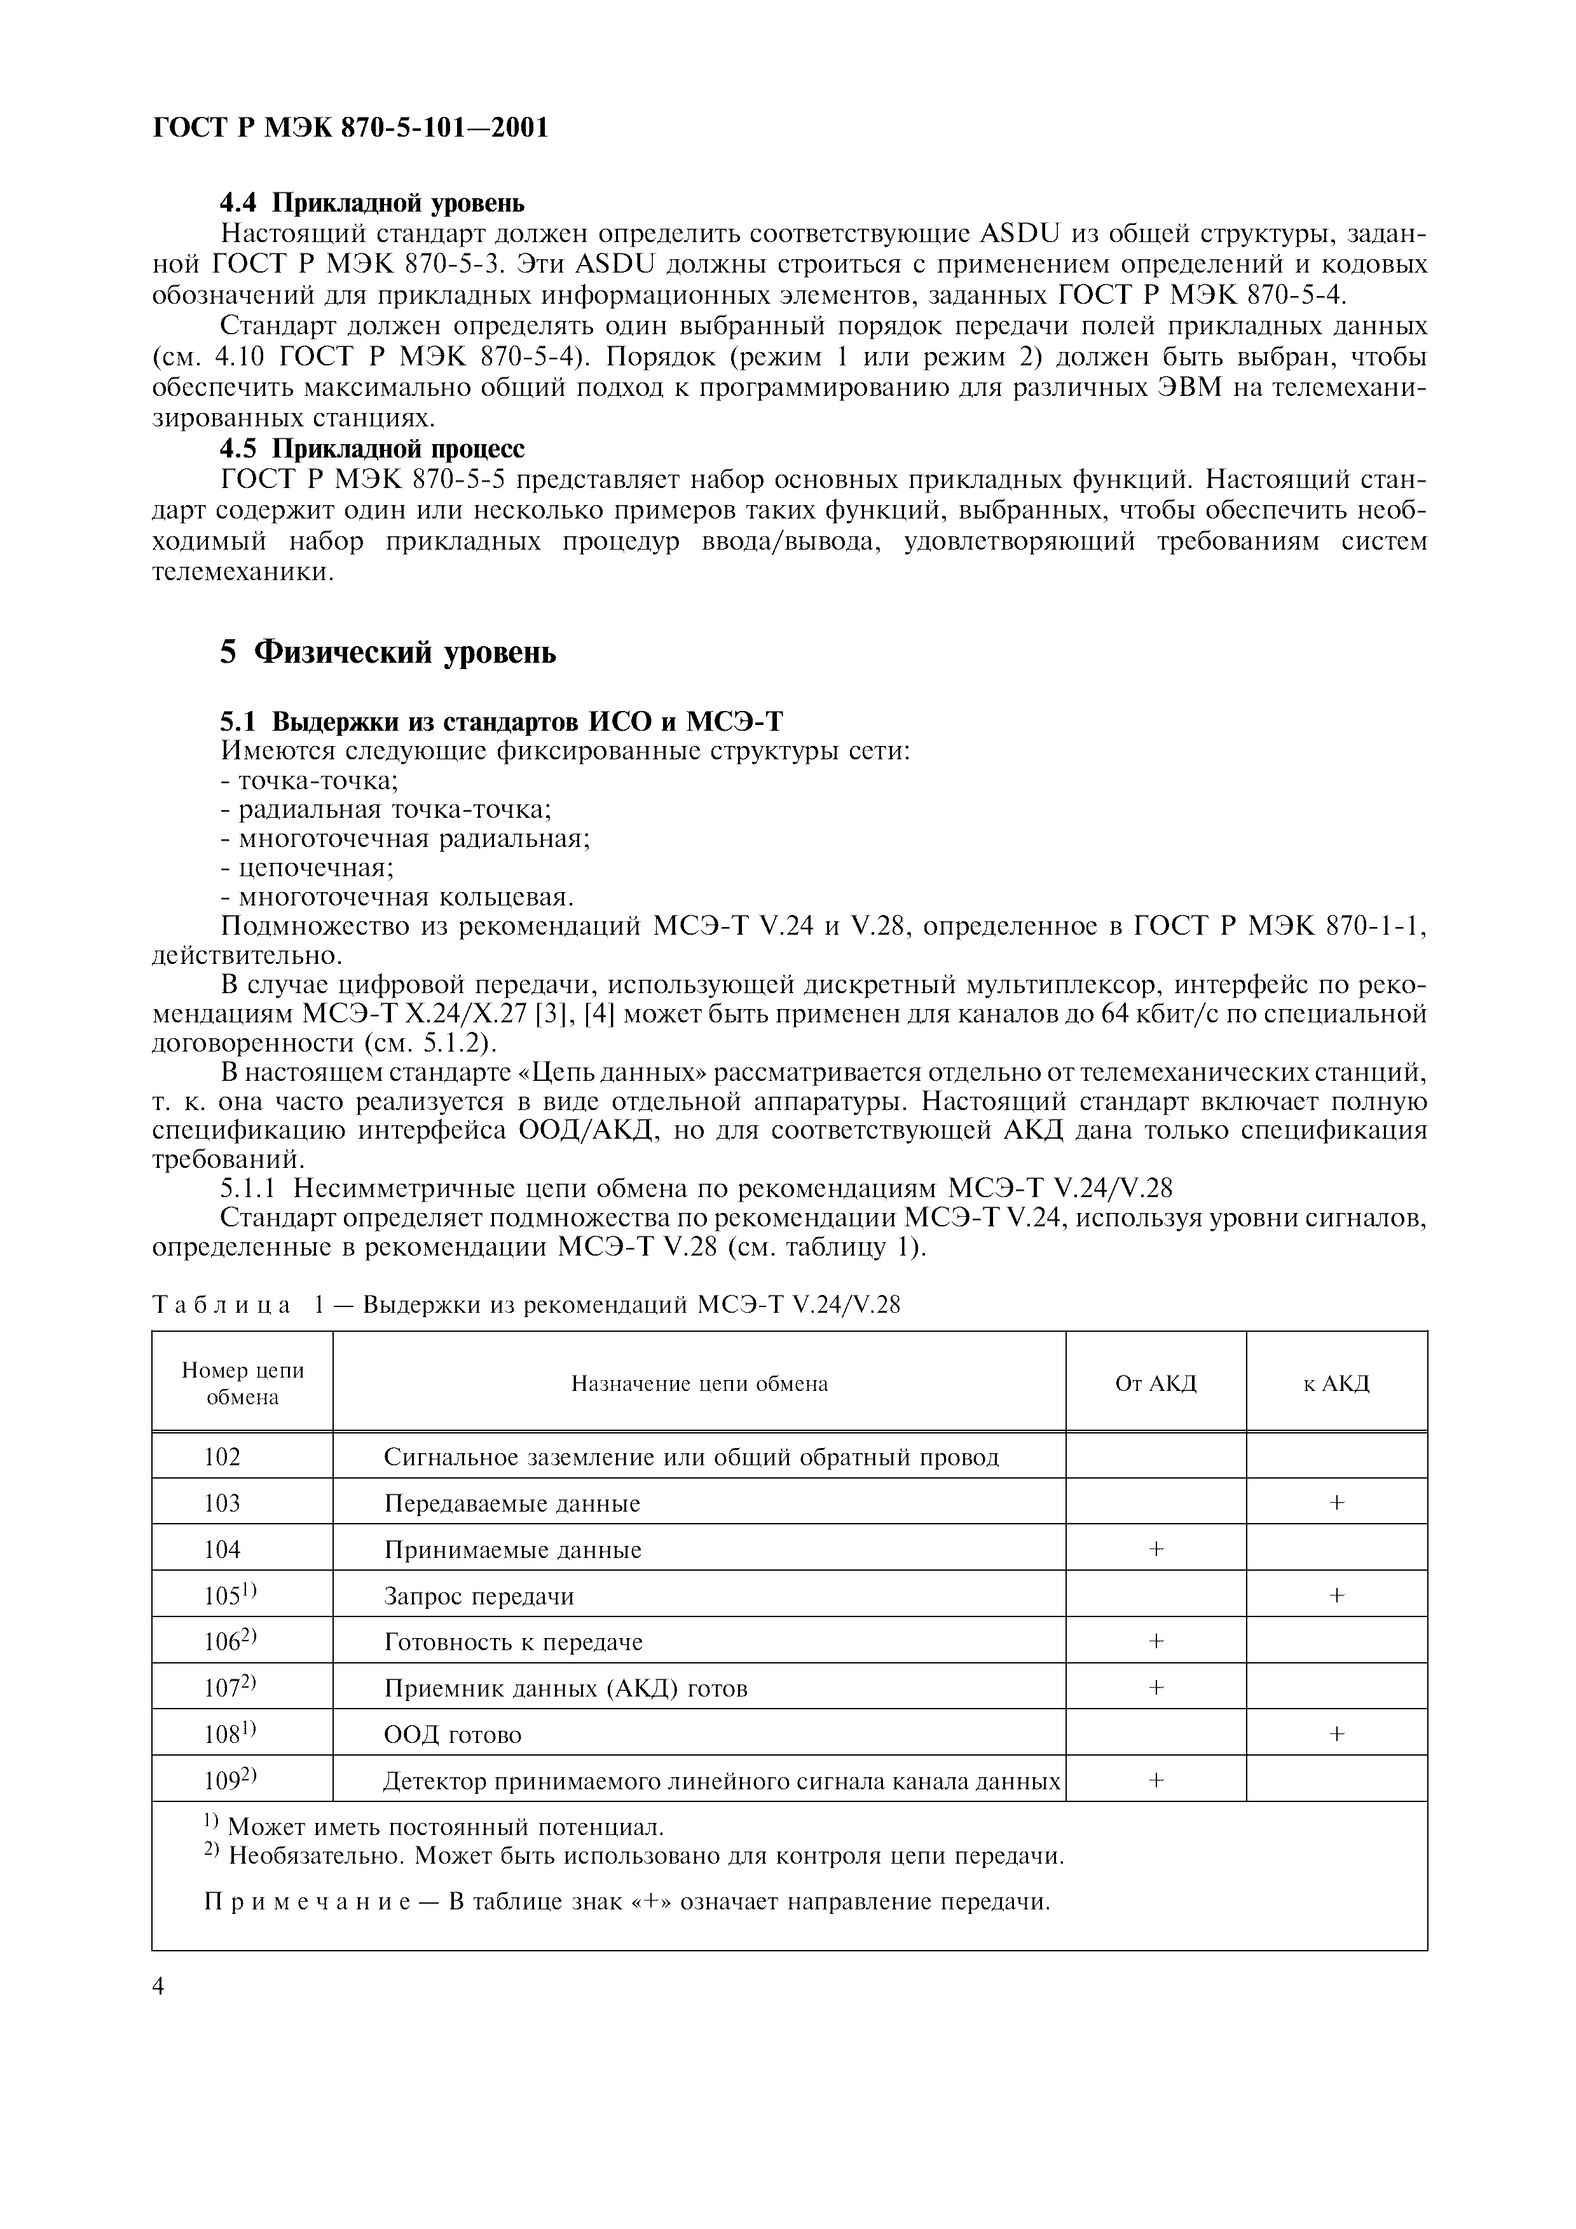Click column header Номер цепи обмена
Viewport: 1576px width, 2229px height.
[242, 1383]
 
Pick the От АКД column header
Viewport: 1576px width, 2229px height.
[1156, 1383]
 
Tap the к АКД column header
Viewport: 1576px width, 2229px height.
[1336, 1383]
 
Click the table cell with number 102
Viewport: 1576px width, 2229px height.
[223, 1456]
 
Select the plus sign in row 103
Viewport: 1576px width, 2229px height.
[1336, 1503]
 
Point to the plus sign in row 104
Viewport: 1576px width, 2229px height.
[1156, 1549]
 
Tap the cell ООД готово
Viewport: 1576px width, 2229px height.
[453, 1735]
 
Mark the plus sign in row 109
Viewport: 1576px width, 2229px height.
[1156, 1780]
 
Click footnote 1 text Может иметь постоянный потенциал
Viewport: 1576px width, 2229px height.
[445, 1827]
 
